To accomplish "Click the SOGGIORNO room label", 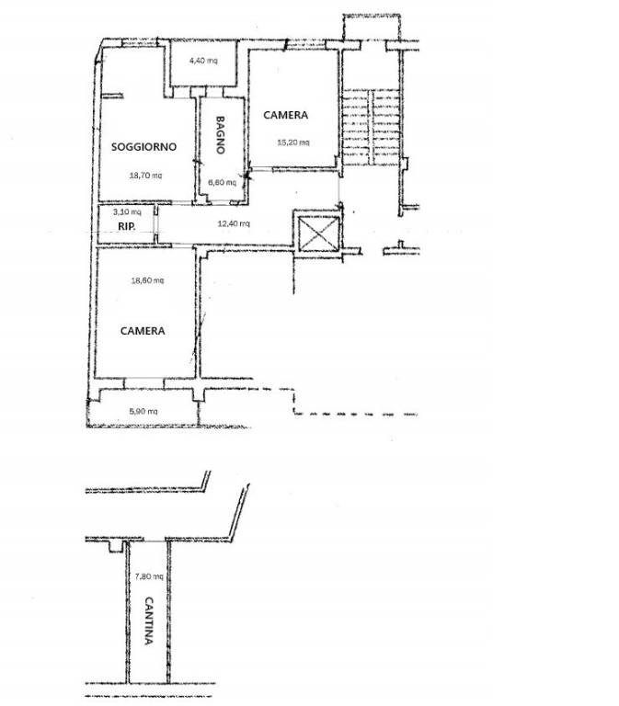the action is point(143,147).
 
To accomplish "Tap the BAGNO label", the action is point(221,135).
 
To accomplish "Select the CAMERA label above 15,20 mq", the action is point(286,115).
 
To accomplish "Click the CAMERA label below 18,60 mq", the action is point(143,331).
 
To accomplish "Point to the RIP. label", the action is point(127,226).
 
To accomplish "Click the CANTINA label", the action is point(149,621).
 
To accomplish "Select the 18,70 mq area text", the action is point(145,176).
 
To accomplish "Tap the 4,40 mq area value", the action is point(203,61).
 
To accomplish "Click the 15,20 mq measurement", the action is point(293,142).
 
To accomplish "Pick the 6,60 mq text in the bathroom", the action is point(222,182).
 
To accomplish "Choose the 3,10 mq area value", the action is point(127,211).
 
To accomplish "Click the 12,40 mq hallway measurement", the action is point(234,223).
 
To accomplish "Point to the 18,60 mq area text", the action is point(147,280).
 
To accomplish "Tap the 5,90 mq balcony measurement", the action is point(143,411).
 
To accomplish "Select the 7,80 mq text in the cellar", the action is point(149,575).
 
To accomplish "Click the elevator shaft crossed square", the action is point(319,233).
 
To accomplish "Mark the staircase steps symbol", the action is point(372,127).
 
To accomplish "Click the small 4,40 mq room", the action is point(203,63).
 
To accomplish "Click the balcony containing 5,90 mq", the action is point(143,407).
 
